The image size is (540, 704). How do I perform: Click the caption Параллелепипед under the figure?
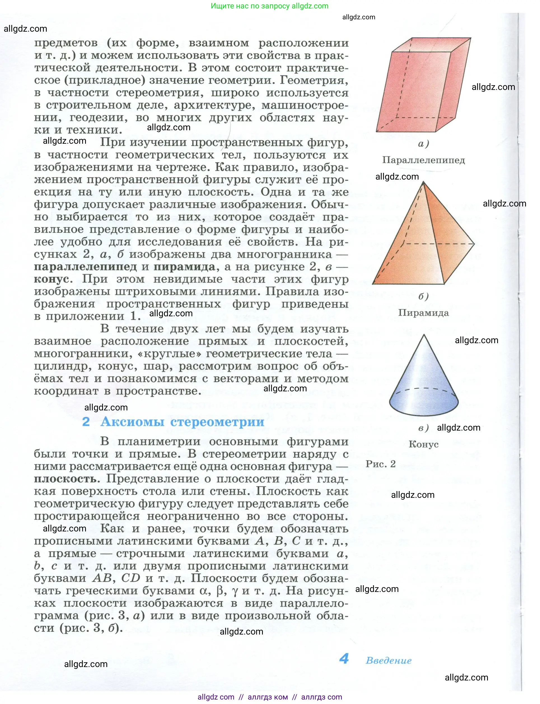click(x=423, y=160)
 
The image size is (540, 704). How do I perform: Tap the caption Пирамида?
click(x=423, y=313)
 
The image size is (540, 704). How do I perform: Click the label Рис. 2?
click(x=380, y=464)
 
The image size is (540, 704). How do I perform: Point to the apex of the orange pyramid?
click(x=423, y=182)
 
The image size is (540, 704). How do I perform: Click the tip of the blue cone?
click(x=424, y=335)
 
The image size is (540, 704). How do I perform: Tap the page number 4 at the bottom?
click(x=344, y=659)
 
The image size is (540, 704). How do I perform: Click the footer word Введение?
click(x=389, y=661)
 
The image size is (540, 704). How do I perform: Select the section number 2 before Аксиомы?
click(x=86, y=422)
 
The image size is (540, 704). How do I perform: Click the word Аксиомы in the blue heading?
click(x=132, y=422)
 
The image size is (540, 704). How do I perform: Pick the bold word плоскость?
click(x=66, y=479)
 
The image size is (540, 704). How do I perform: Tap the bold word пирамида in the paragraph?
click(x=184, y=267)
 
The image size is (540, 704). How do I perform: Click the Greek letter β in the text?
click(x=220, y=591)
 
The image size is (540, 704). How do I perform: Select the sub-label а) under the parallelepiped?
click(x=423, y=143)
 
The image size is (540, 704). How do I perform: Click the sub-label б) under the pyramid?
click(x=423, y=296)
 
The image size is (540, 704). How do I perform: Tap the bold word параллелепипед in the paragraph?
click(x=85, y=267)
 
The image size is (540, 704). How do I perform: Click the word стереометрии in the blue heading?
click(x=217, y=422)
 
